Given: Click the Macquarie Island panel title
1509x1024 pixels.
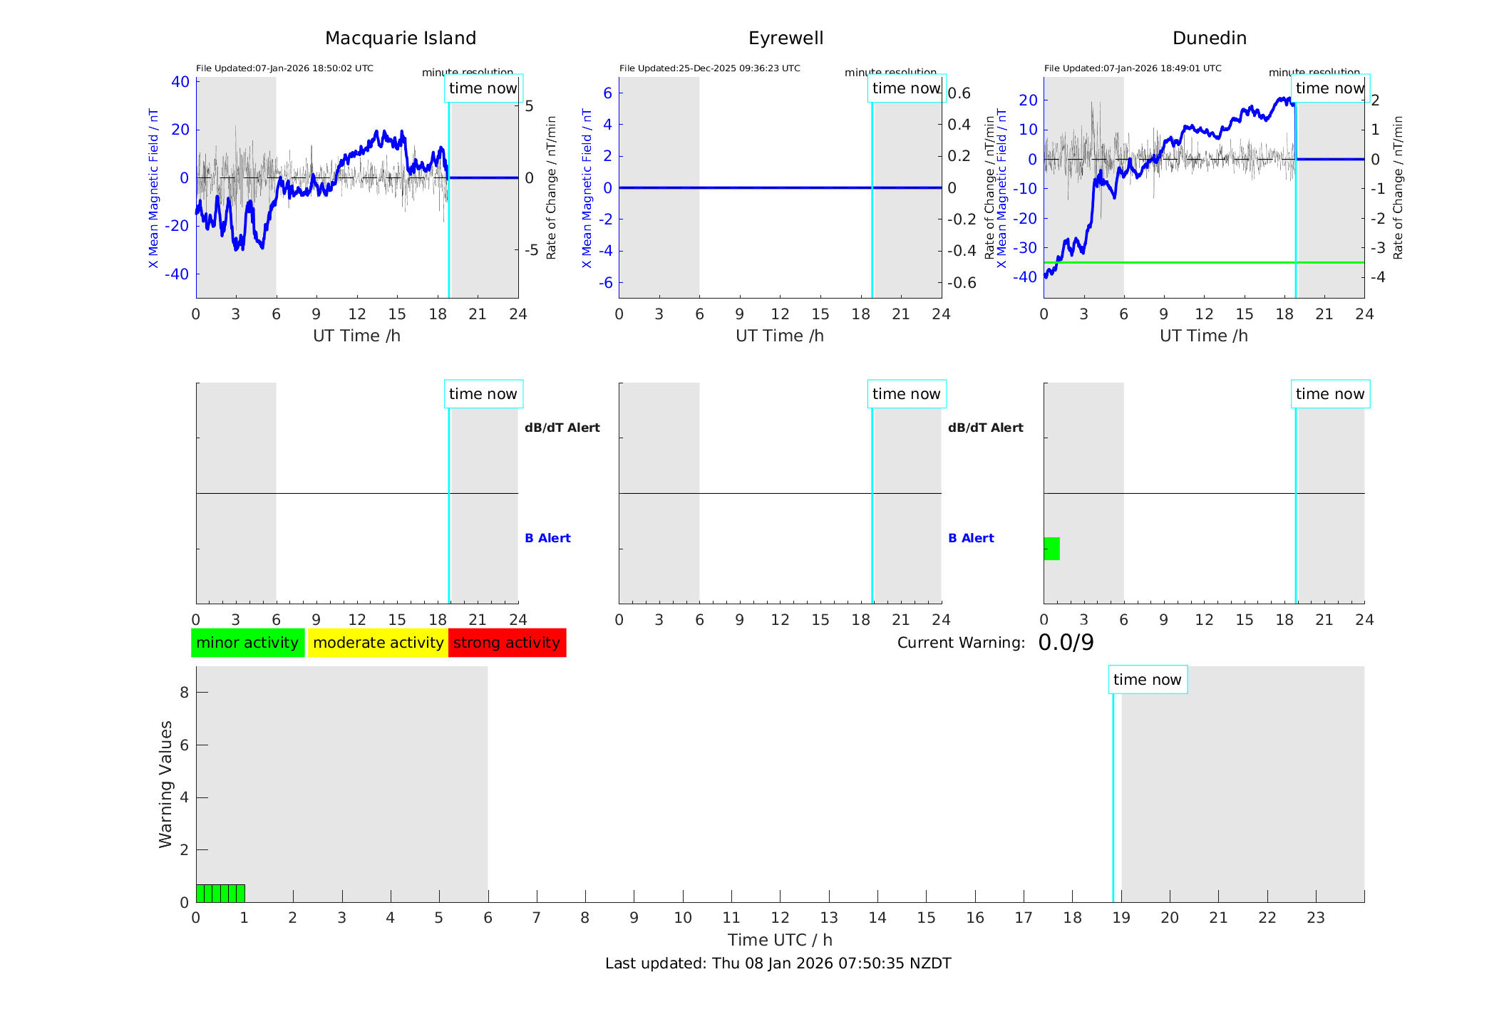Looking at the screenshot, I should click(400, 38).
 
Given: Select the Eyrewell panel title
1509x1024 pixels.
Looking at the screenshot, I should click(786, 38).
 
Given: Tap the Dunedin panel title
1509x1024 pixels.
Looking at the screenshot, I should click(1209, 38).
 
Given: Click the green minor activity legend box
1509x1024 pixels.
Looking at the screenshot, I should click(247, 643).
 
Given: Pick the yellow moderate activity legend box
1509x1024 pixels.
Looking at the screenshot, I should click(378, 643).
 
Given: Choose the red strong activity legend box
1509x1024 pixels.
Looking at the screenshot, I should click(507, 643).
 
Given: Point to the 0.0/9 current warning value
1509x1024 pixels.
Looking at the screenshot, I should click(1066, 643).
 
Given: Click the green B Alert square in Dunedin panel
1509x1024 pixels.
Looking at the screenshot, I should click(1052, 549).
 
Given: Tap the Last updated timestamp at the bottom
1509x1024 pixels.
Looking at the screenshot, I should click(778, 963).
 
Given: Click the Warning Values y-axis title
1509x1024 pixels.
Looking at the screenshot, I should click(166, 784).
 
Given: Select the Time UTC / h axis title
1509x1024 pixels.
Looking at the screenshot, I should click(780, 940).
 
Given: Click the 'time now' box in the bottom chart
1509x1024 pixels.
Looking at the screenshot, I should click(1147, 680).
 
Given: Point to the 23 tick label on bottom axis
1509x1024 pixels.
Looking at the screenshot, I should click(1315, 918).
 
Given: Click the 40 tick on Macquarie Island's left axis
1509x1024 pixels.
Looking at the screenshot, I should click(180, 82).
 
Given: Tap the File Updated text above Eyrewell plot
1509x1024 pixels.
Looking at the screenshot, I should click(709, 68).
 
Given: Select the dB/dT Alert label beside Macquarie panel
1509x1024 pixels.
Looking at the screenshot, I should click(562, 428).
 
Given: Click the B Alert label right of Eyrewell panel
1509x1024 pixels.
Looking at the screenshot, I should click(971, 538).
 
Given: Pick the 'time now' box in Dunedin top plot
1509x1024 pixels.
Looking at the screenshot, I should click(1329, 88).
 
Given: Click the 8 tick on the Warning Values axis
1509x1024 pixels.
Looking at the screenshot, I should click(184, 693).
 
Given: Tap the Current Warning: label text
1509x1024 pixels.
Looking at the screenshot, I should click(961, 643).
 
